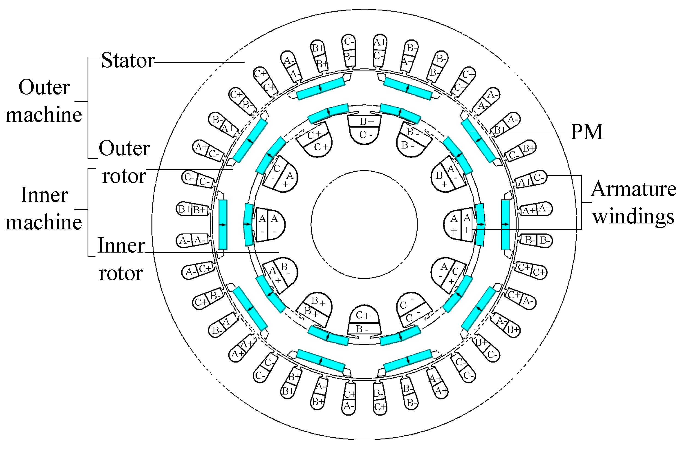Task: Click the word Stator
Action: [x=128, y=60]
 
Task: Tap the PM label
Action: [x=586, y=132]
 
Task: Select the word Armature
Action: [x=634, y=189]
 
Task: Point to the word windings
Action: [x=634, y=216]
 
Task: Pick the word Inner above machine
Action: [x=44, y=195]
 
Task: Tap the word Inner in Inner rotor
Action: [x=121, y=245]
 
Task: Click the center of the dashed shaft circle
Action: [x=364, y=225]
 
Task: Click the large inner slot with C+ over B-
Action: [x=364, y=320]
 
